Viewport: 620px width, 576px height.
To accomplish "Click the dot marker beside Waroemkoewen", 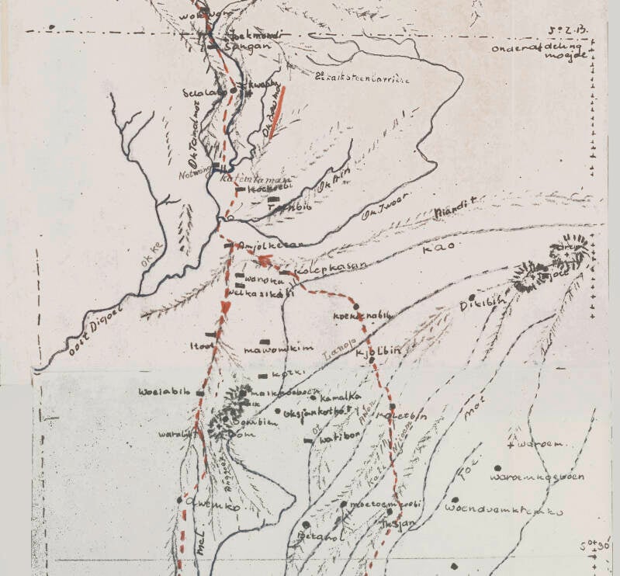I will [497, 468].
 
